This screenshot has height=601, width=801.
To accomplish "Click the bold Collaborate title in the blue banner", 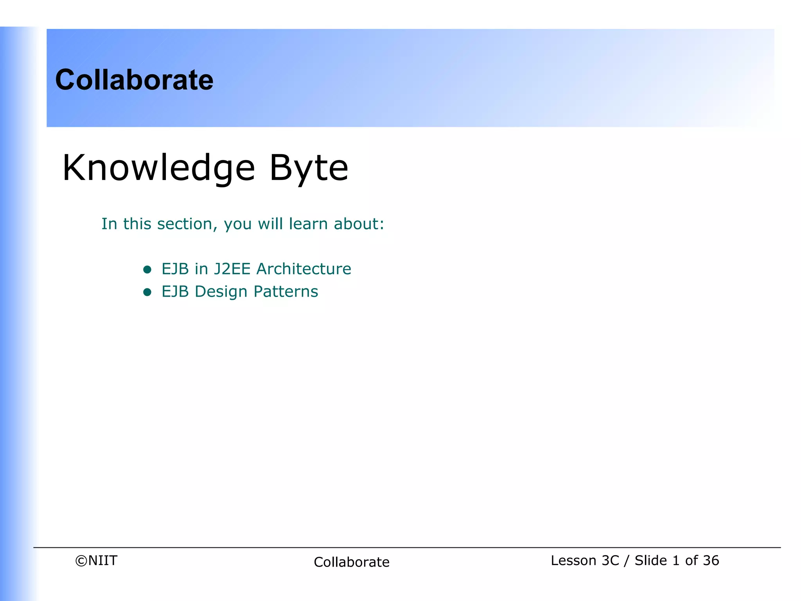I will pyautogui.click(x=134, y=80).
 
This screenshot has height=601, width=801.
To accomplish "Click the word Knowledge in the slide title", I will pyautogui.click(x=158, y=168).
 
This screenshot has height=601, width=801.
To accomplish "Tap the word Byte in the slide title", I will pyautogui.click(x=309, y=168).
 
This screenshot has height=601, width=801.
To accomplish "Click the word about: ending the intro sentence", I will pyautogui.click(x=359, y=224).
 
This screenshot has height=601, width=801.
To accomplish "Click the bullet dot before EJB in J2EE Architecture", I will pyautogui.click(x=147, y=269).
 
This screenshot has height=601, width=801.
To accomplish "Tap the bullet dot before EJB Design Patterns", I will pyautogui.click(x=147, y=292).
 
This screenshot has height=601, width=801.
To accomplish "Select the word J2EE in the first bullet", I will pyautogui.click(x=232, y=269).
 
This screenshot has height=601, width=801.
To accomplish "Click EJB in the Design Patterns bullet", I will pyautogui.click(x=175, y=292).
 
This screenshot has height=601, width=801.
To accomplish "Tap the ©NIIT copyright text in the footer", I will pyautogui.click(x=96, y=561).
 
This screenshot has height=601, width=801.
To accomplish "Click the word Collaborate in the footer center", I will pyautogui.click(x=351, y=562).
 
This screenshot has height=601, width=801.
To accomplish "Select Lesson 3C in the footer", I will pyautogui.click(x=585, y=561).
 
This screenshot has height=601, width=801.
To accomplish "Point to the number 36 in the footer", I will pyautogui.click(x=711, y=561).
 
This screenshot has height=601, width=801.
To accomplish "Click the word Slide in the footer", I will pyautogui.click(x=650, y=561).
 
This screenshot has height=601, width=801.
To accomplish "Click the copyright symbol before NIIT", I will pyautogui.click(x=81, y=561).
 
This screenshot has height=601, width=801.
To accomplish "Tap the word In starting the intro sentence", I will pyautogui.click(x=109, y=224).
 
